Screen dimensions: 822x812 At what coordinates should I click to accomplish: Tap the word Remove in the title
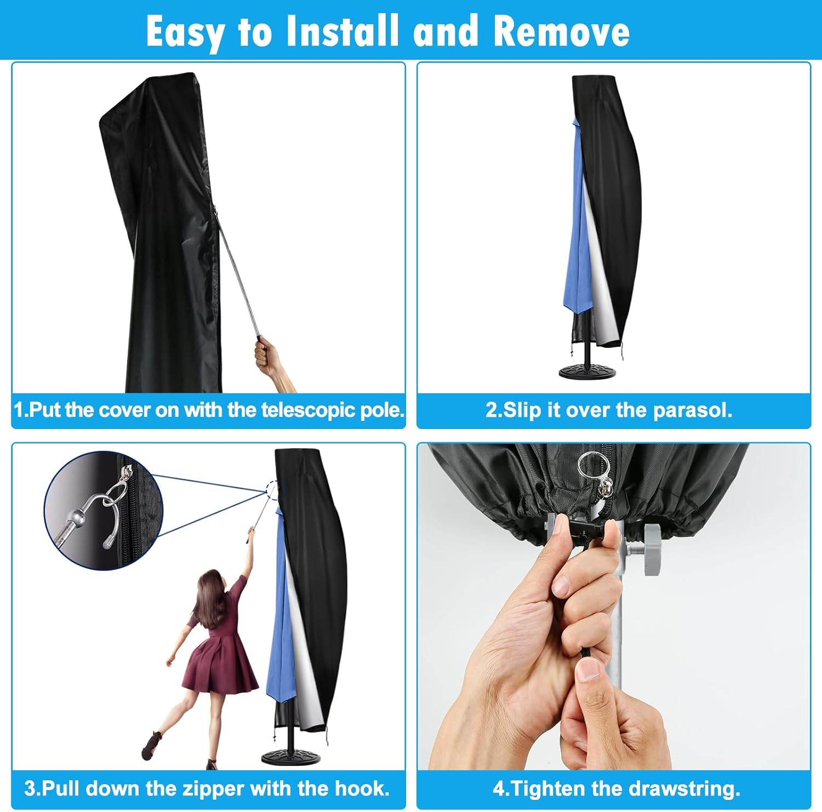click(x=561, y=31)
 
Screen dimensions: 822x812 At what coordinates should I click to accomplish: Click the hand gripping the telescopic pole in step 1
click(x=268, y=358)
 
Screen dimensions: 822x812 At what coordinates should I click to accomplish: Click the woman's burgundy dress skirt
click(x=222, y=663)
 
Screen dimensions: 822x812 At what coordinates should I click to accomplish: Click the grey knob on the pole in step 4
click(x=653, y=550)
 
